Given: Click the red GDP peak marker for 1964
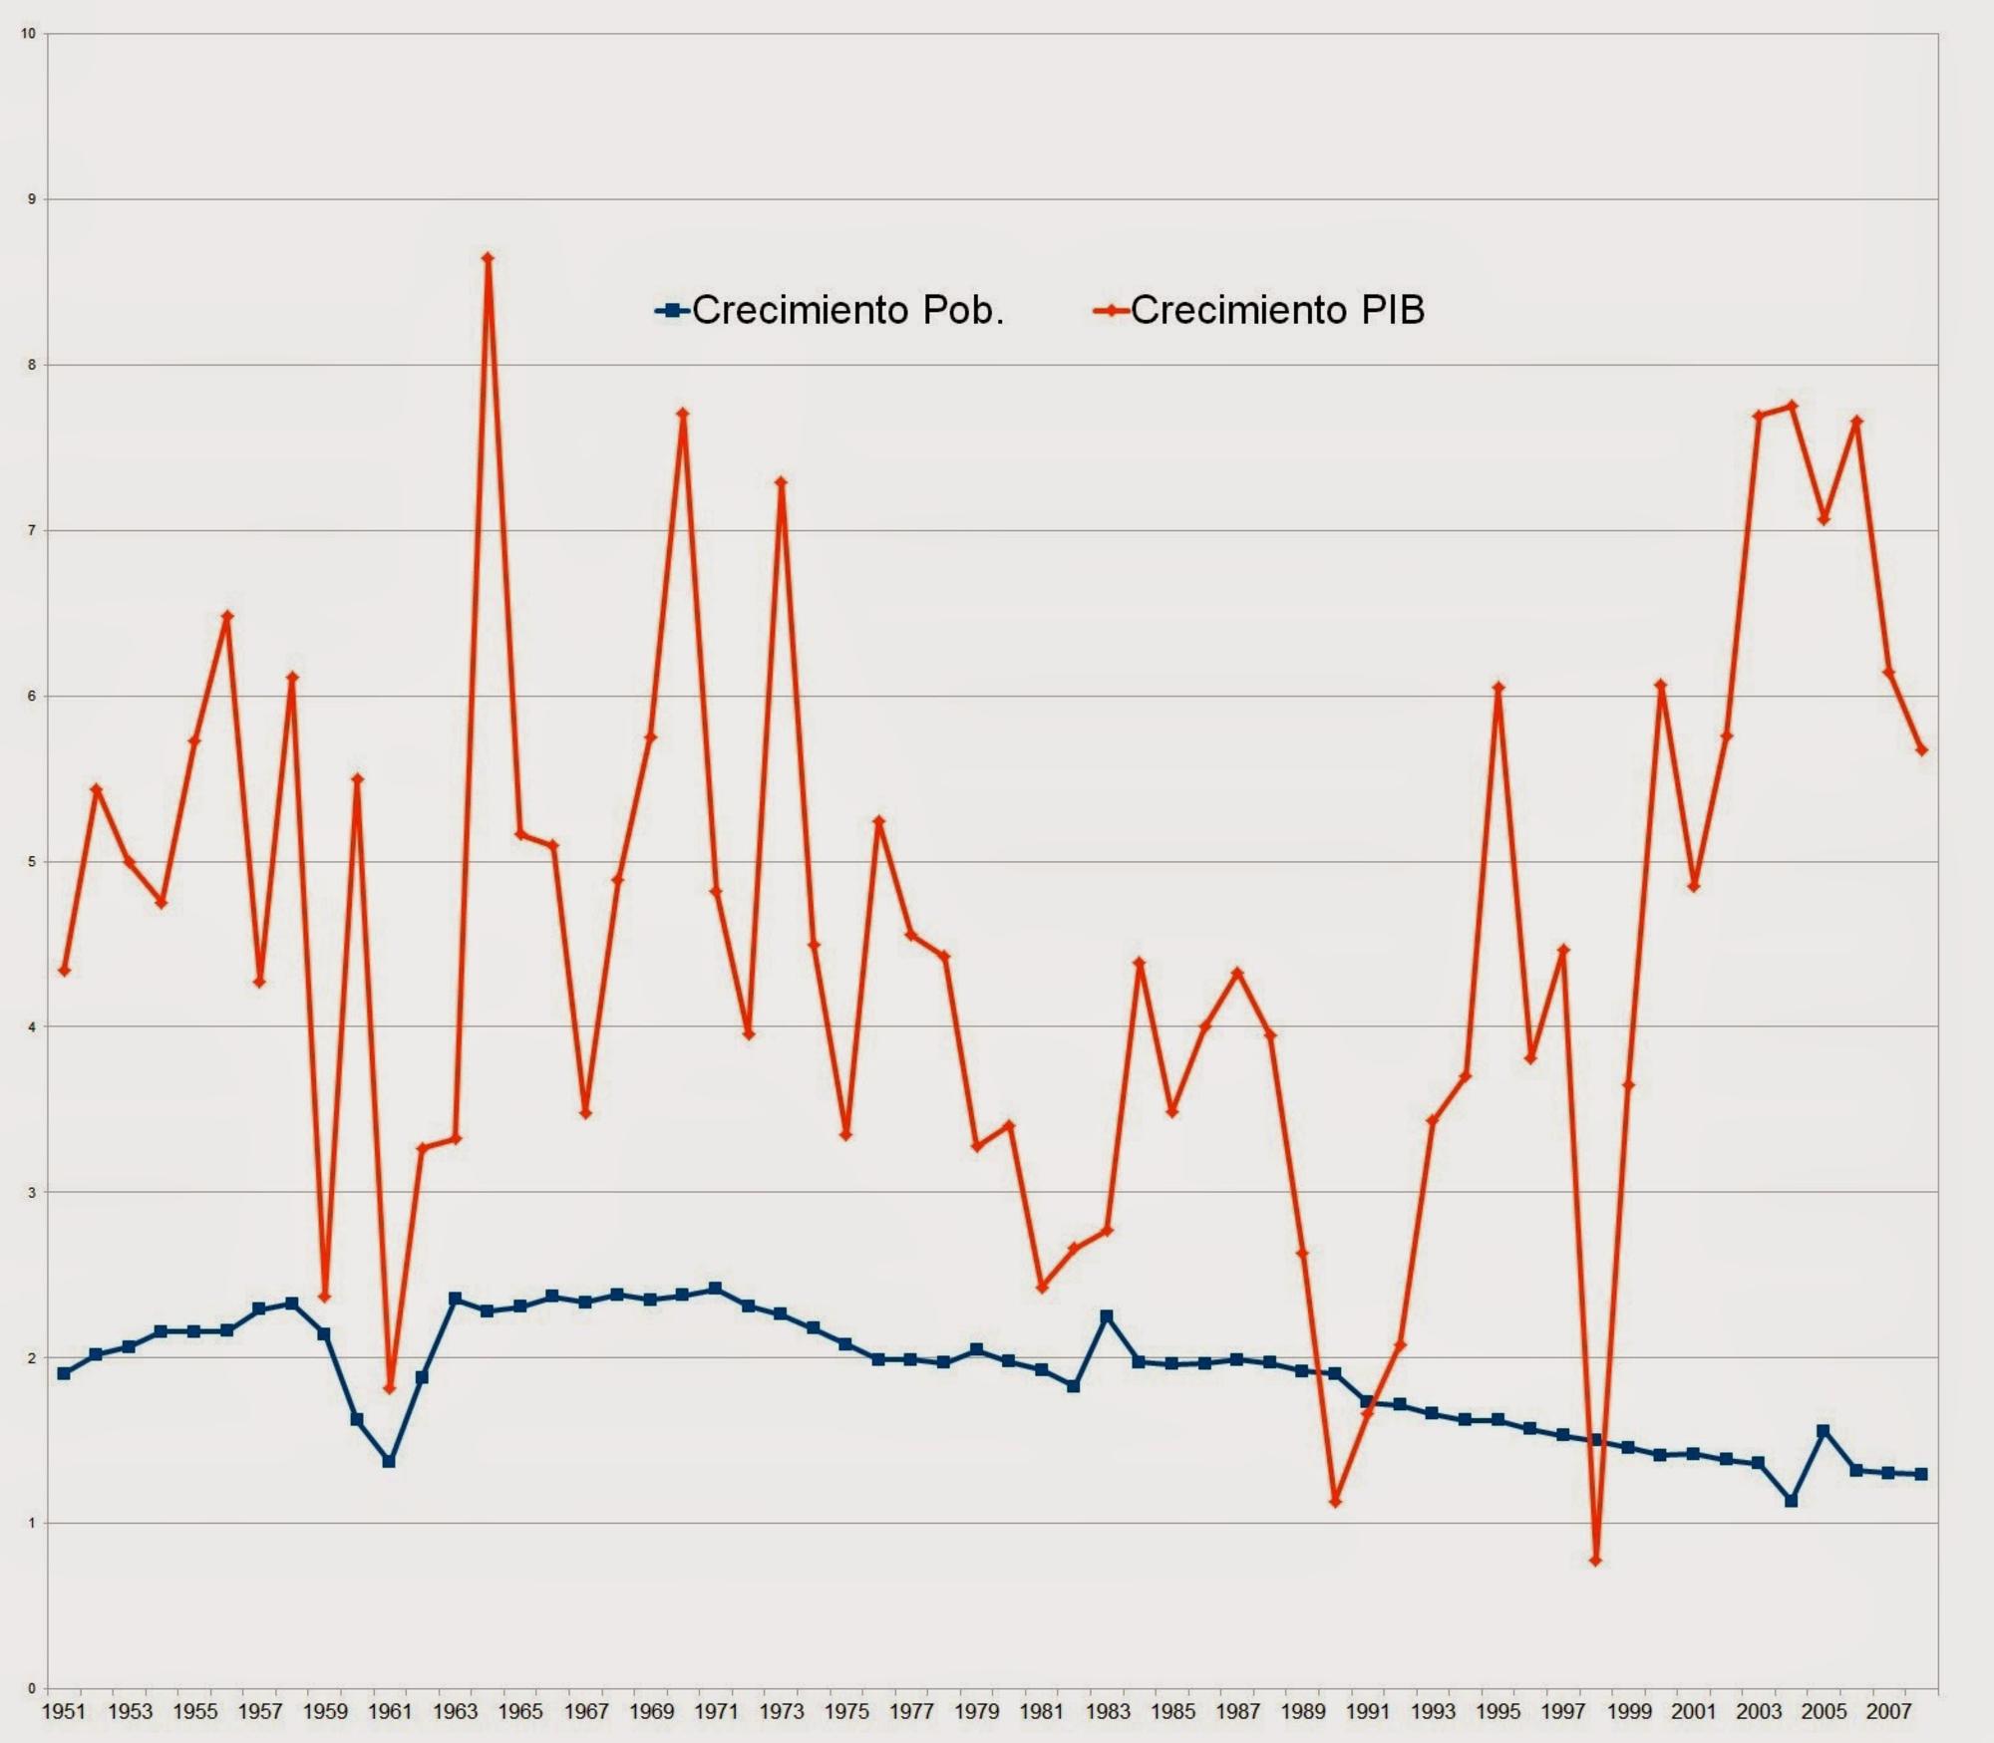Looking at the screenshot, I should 488,258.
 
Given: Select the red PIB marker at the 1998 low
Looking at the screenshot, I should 1595,1561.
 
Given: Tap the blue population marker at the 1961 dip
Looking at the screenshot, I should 389,1461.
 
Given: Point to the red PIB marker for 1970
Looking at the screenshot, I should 683,414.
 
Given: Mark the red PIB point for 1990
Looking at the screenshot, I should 1335,1502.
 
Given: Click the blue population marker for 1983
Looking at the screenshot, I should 1107,1316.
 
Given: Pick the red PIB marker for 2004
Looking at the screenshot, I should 1792,406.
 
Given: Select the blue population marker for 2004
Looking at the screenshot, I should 1792,1501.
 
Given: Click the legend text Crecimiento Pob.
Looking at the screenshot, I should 847,310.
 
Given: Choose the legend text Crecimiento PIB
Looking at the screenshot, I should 1277,310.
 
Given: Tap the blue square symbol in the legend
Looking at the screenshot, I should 672,311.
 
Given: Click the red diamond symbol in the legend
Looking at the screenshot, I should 1111,311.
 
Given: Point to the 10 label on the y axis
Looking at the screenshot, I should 28,34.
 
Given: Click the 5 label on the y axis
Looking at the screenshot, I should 31,861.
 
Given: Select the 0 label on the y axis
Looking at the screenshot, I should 31,1689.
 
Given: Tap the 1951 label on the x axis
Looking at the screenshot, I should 64,1712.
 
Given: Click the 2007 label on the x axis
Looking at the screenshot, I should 1889,1712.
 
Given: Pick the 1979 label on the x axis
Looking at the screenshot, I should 976,1712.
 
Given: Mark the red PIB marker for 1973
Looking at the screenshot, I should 781,482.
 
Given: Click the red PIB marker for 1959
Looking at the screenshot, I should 324,1298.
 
